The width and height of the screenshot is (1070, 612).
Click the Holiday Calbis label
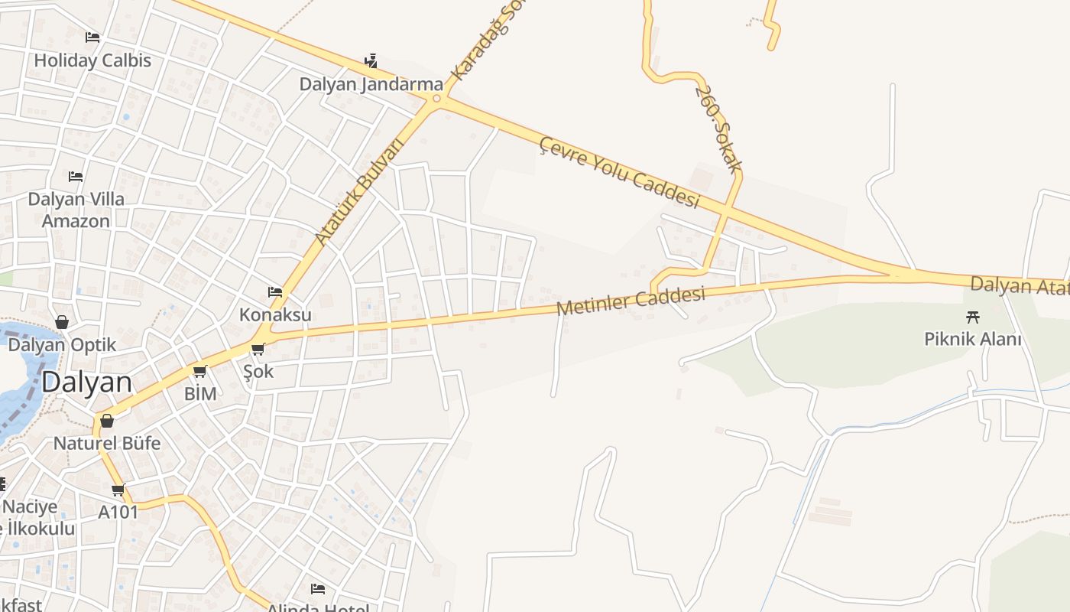(x=92, y=60)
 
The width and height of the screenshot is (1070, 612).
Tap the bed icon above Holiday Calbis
(x=92, y=37)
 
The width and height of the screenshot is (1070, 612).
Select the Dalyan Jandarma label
(x=371, y=84)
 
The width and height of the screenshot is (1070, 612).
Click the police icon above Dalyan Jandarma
(x=371, y=60)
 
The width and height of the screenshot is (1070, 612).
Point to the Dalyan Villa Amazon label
(x=76, y=210)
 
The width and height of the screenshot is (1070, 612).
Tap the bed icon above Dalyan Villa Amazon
(x=76, y=176)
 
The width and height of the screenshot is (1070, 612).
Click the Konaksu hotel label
(x=275, y=314)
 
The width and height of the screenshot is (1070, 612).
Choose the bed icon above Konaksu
(x=275, y=291)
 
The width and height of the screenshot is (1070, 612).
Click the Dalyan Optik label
(x=62, y=344)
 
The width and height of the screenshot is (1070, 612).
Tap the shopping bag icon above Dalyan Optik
(x=62, y=322)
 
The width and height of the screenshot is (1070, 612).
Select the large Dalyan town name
(x=86, y=382)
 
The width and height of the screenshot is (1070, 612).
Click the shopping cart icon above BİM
(x=200, y=372)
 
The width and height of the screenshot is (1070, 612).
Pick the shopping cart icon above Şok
(x=258, y=350)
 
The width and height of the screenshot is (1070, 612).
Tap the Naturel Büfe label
(x=107, y=443)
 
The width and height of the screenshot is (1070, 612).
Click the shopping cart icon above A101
(x=118, y=490)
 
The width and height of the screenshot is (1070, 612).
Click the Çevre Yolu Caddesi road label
(x=620, y=172)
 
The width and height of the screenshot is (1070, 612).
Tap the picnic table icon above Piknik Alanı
(x=973, y=316)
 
